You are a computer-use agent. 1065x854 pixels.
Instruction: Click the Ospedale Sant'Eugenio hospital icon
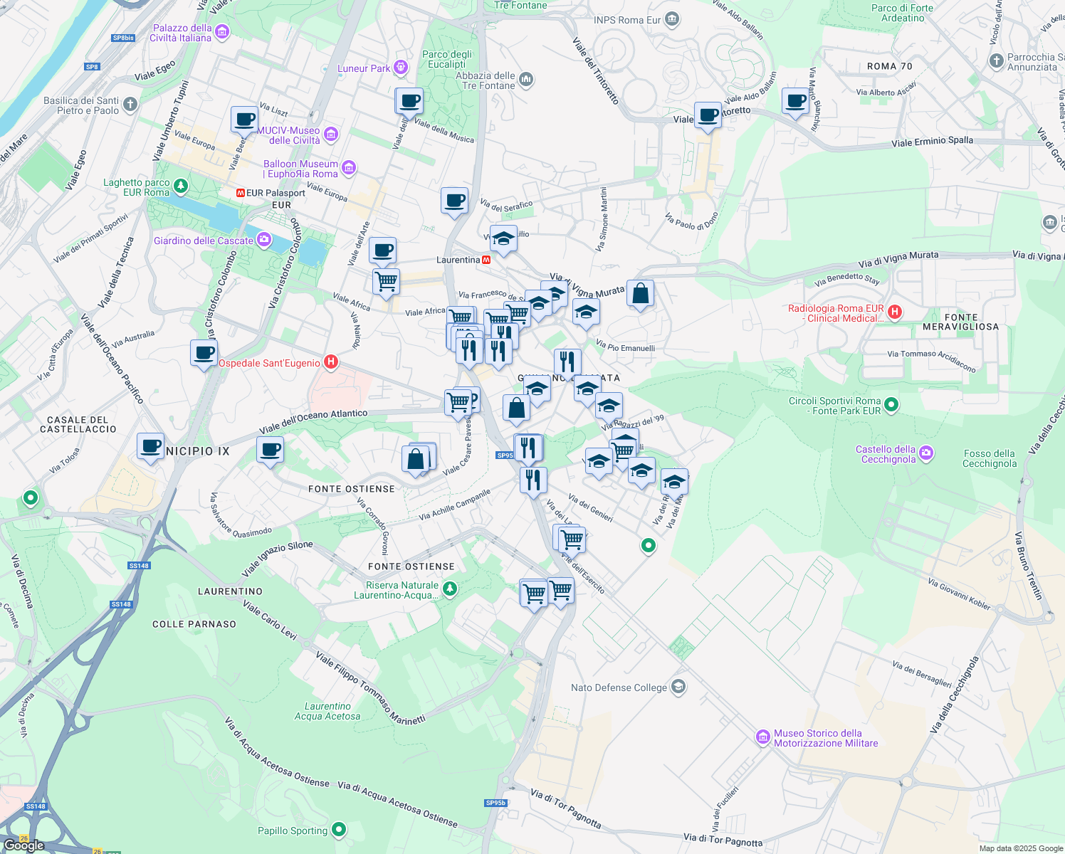(x=330, y=362)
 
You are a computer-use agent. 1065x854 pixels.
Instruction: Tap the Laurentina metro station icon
(x=486, y=260)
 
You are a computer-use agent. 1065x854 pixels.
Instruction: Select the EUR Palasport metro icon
(x=241, y=193)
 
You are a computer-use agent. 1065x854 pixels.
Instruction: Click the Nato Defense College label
(x=619, y=687)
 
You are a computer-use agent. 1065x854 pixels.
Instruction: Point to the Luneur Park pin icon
(x=401, y=68)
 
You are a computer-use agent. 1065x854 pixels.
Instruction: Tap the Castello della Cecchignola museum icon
(x=925, y=453)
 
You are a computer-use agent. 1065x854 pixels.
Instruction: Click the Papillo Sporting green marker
(x=339, y=830)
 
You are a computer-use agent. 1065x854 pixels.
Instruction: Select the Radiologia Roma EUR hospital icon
(x=895, y=312)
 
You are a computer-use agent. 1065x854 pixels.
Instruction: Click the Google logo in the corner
(x=23, y=845)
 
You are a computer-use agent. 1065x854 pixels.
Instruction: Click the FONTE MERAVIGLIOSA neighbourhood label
(x=960, y=322)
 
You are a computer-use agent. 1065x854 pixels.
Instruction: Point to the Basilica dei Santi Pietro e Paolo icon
(x=130, y=105)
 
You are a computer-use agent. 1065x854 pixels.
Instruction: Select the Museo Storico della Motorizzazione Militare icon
(x=762, y=737)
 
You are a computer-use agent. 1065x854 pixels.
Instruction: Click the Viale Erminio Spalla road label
(x=932, y=142)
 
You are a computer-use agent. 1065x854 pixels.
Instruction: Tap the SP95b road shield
(x=495, y=803)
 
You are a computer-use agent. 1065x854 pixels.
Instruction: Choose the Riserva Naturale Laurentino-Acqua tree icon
(x=449, y=589)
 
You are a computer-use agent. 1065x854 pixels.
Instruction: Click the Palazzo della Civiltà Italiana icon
(x=222, y=31)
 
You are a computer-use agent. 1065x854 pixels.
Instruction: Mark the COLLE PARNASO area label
(x=194, y=624)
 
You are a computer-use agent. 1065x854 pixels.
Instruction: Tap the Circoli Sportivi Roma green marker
(x=891, y=405)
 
